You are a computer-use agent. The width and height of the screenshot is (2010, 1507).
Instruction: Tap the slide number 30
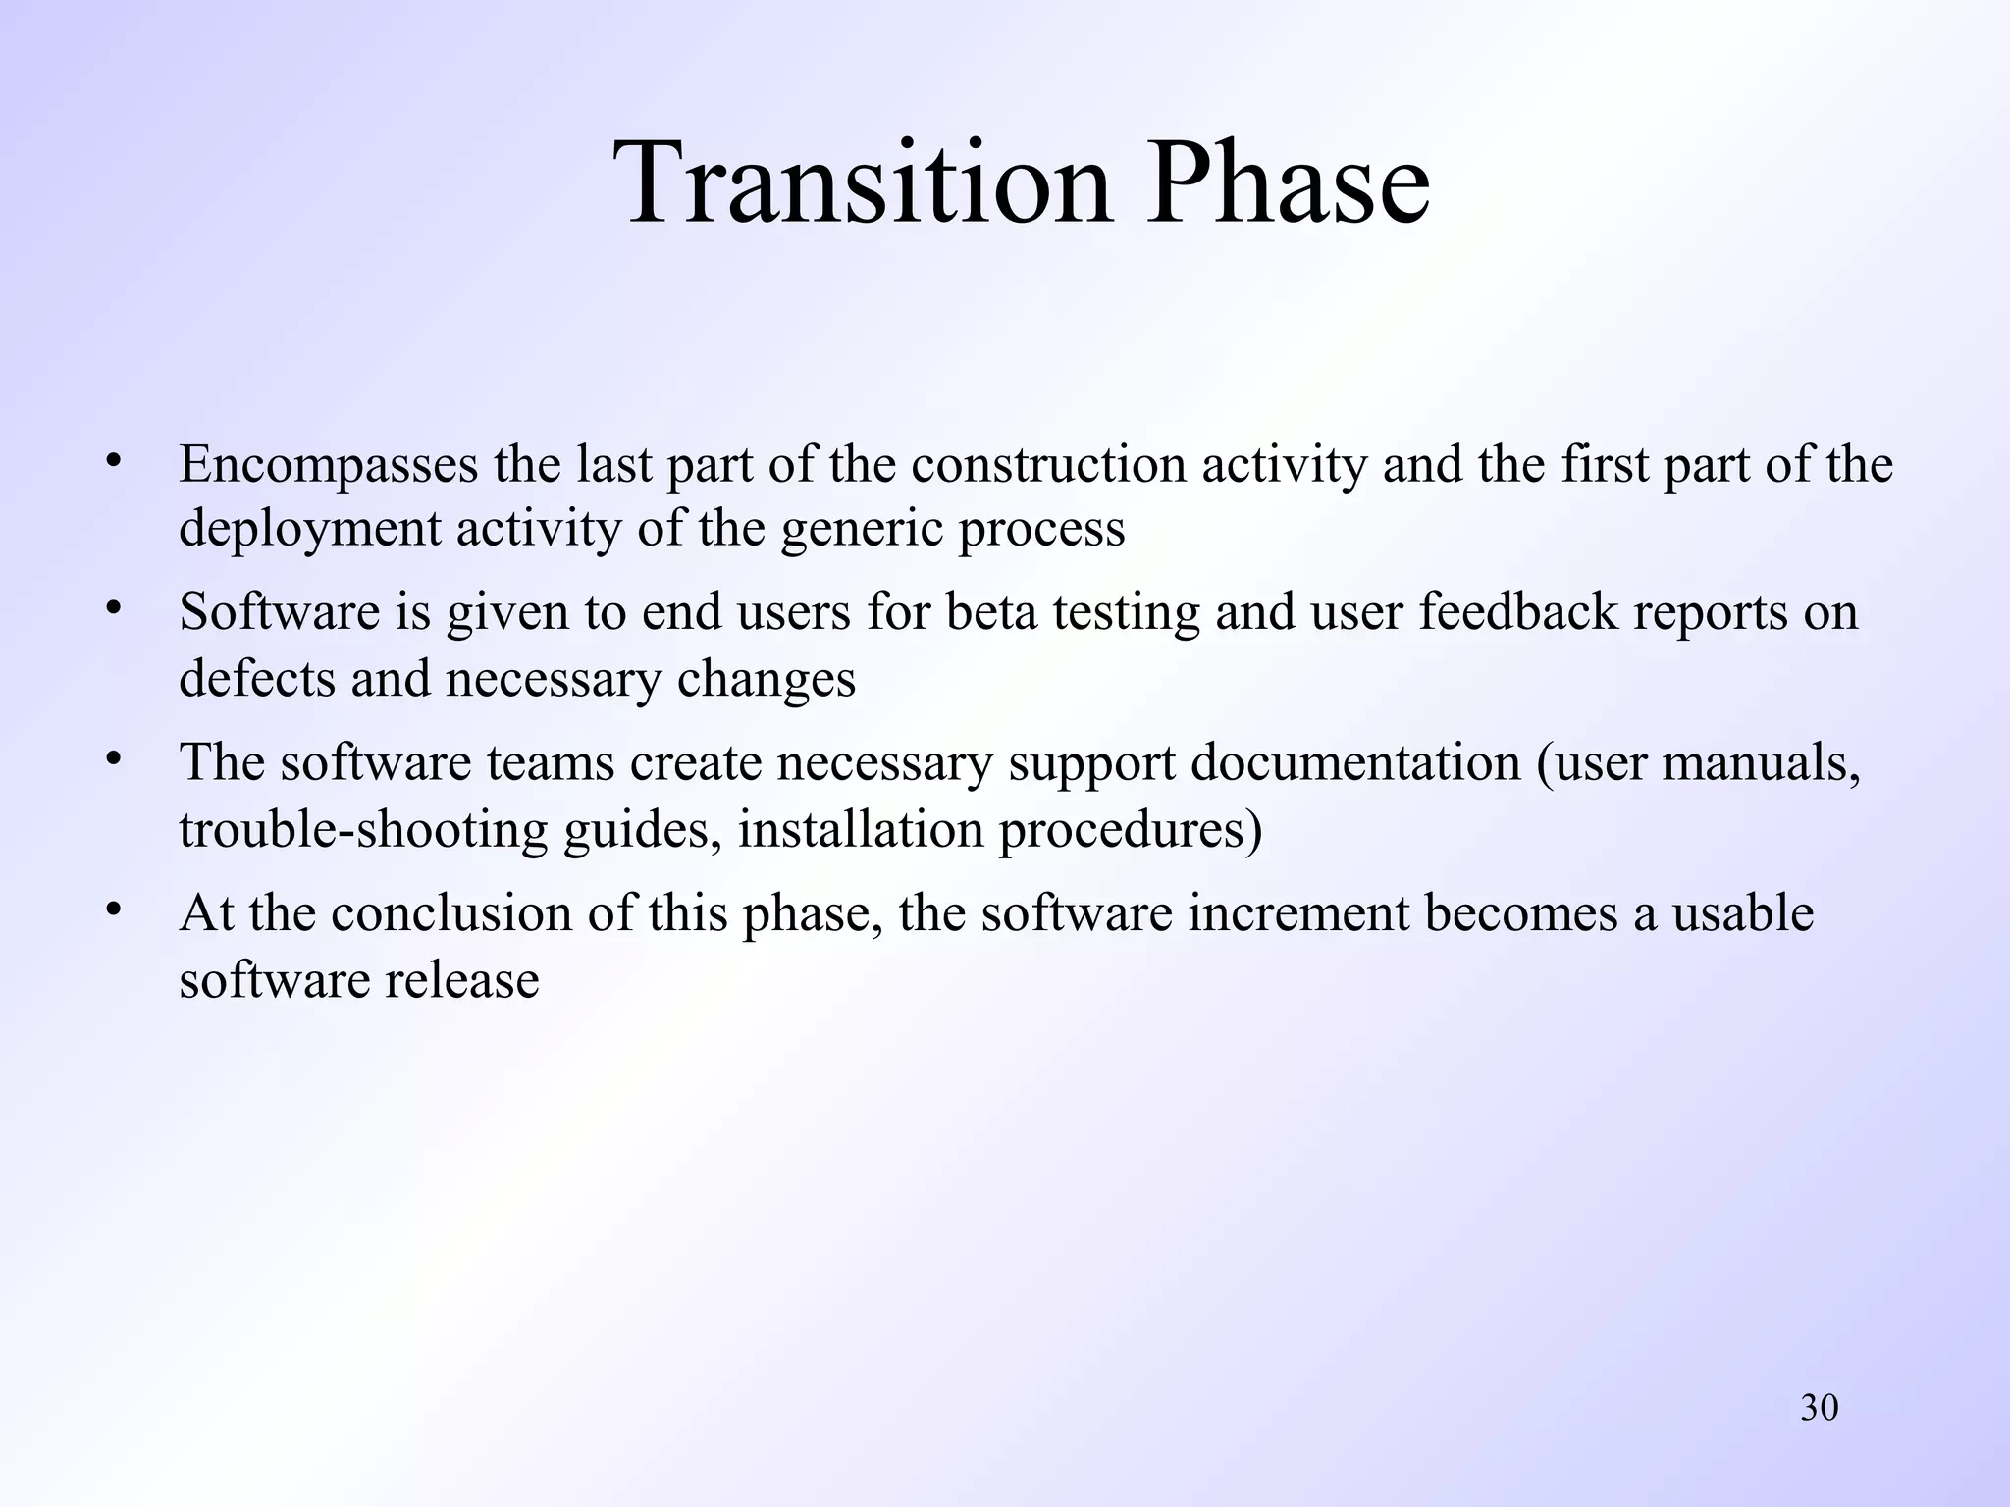[x=1819, y=1408]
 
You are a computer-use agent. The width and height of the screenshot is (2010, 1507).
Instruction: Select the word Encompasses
[x=328, y=465]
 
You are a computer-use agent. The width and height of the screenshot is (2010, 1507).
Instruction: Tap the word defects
[x=256, y=679]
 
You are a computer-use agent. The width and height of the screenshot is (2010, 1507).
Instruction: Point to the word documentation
[x=1355, y=764]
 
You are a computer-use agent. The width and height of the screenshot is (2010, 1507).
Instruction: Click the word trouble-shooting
[x=363, y=831]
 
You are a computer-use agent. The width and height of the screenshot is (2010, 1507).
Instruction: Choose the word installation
[x=861, y=830]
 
